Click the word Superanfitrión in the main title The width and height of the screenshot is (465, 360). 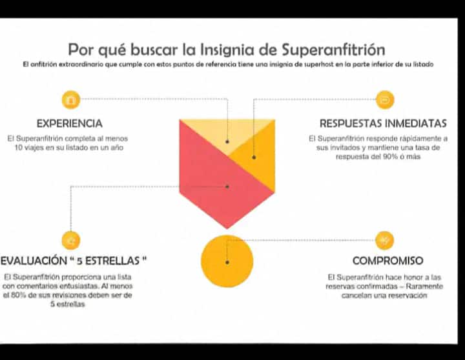(333, 50)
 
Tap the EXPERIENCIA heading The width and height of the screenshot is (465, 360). (70, 123)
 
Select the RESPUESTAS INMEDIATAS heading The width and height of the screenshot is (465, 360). (383, 123)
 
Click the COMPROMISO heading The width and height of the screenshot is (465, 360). (388, 261)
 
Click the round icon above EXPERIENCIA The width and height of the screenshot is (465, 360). (71, 100)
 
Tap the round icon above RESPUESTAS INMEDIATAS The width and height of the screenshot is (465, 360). (385, 100)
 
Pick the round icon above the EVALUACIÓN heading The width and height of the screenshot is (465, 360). (71, 240)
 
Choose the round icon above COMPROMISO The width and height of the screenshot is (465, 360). (384, 240)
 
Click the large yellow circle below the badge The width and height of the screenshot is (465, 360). (227, 261)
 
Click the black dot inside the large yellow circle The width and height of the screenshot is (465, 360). (227, 262)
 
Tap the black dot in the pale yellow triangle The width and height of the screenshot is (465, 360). (227, 142)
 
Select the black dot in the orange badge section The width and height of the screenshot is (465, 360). (254, 157)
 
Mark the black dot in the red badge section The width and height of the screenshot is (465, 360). (227, 186)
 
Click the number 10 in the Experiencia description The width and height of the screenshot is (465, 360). (19, 148)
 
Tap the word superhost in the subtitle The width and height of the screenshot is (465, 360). (318, 65)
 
